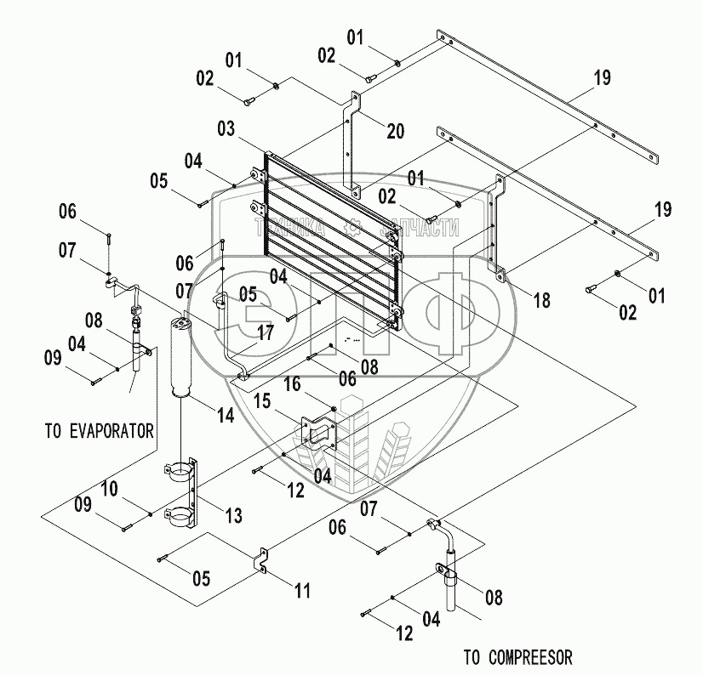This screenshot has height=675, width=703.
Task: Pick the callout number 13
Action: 233,515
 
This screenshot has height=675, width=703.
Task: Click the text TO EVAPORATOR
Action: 100,431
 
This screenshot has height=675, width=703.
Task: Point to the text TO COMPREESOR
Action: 517,656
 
